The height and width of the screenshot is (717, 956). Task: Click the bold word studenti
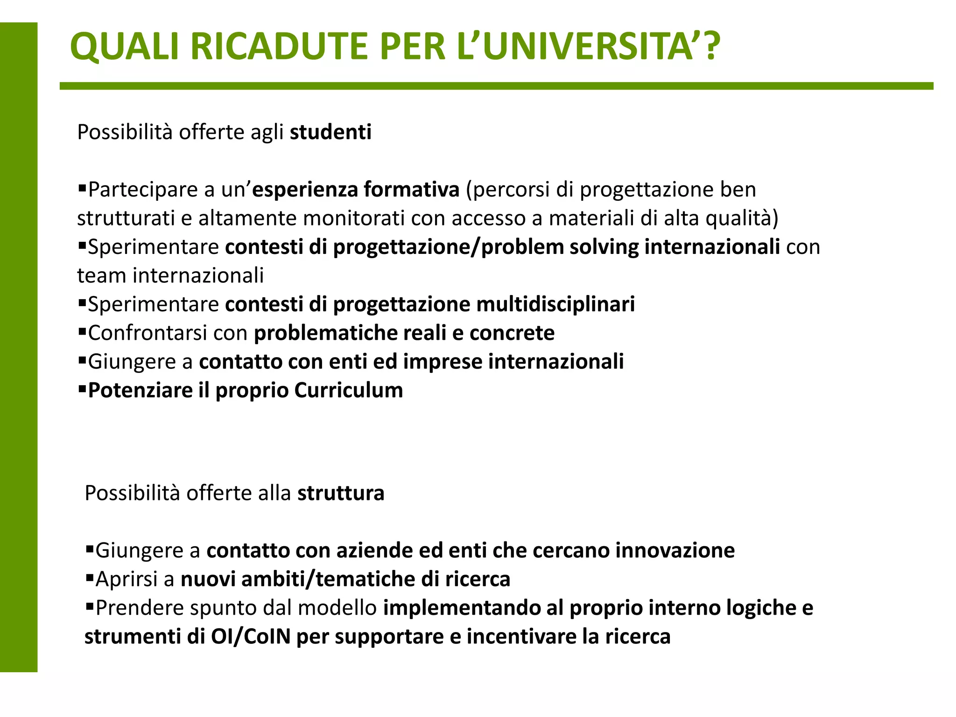pyautogui.click(x=330, y=132)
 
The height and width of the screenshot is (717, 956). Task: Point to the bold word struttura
pyautogui.click(x=341, y=493)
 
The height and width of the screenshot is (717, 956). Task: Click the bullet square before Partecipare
pyautogui.click(x=82, y=188)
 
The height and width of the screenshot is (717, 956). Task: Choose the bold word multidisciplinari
pyautogui.click(x=555, y=304)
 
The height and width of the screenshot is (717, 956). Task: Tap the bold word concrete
pyautogui.click(x=512, y=333)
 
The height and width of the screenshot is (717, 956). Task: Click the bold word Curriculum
pyautogui.click(x=349, y=391)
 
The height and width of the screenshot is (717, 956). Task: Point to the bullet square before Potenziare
pyautogui.click(x=82, y=389)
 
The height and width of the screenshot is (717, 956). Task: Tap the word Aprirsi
pyautogui.click(x=127, y=580)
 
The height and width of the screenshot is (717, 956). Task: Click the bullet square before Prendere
pyautogui.click(x=90, y=606)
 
